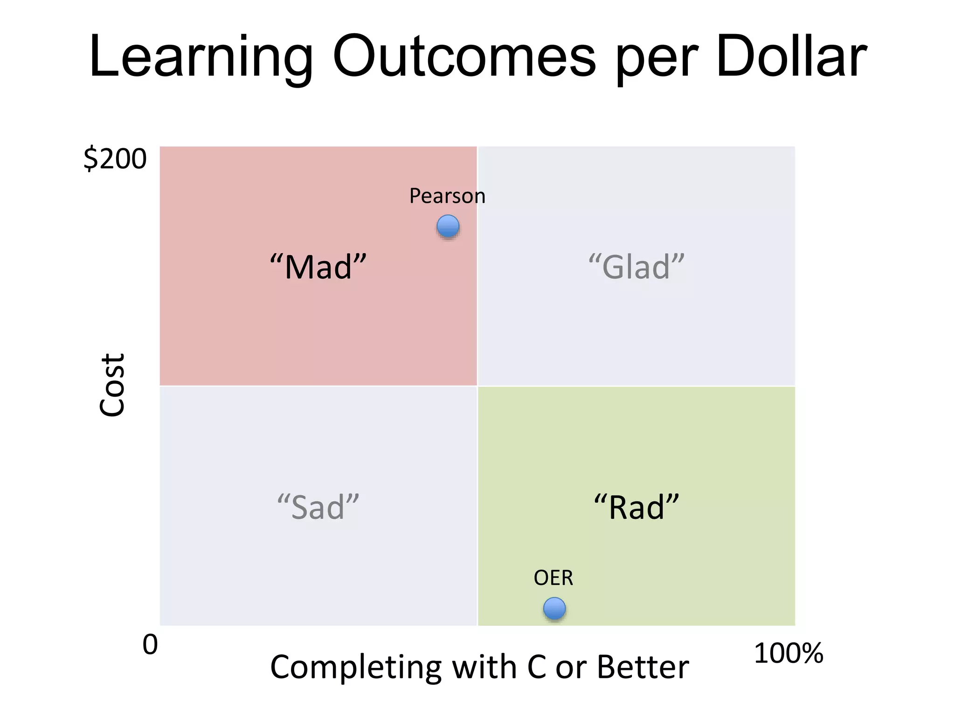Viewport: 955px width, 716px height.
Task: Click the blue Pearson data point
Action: (448, 227)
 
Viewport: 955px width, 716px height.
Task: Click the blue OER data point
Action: (554, 608)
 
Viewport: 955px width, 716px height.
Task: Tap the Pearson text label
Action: (447, 196)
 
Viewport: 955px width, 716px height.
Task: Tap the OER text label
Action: (553, 578)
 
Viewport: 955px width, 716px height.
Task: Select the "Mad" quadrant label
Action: (318, 267)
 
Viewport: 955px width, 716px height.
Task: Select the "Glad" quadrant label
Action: (637, 267)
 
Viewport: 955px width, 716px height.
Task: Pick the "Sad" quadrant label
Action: (318, 507)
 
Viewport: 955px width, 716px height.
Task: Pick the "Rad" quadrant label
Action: (637, 507)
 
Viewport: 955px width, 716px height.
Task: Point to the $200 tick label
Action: (115, 159)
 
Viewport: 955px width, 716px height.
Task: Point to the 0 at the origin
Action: (150, 645)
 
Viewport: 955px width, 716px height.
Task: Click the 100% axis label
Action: (789, 653)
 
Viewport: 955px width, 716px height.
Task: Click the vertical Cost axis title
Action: (112, 385)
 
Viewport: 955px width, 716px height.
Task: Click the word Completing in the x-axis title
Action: (355, 668)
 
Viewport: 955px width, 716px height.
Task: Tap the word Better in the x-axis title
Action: (643, 667)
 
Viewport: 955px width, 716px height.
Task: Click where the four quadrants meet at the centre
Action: (477, 386)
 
